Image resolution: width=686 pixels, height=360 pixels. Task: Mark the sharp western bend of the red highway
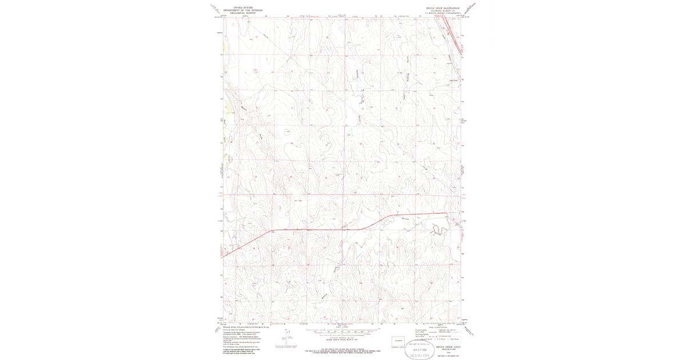(272, 230)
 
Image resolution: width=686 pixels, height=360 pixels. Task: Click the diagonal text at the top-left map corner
(216, 9)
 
